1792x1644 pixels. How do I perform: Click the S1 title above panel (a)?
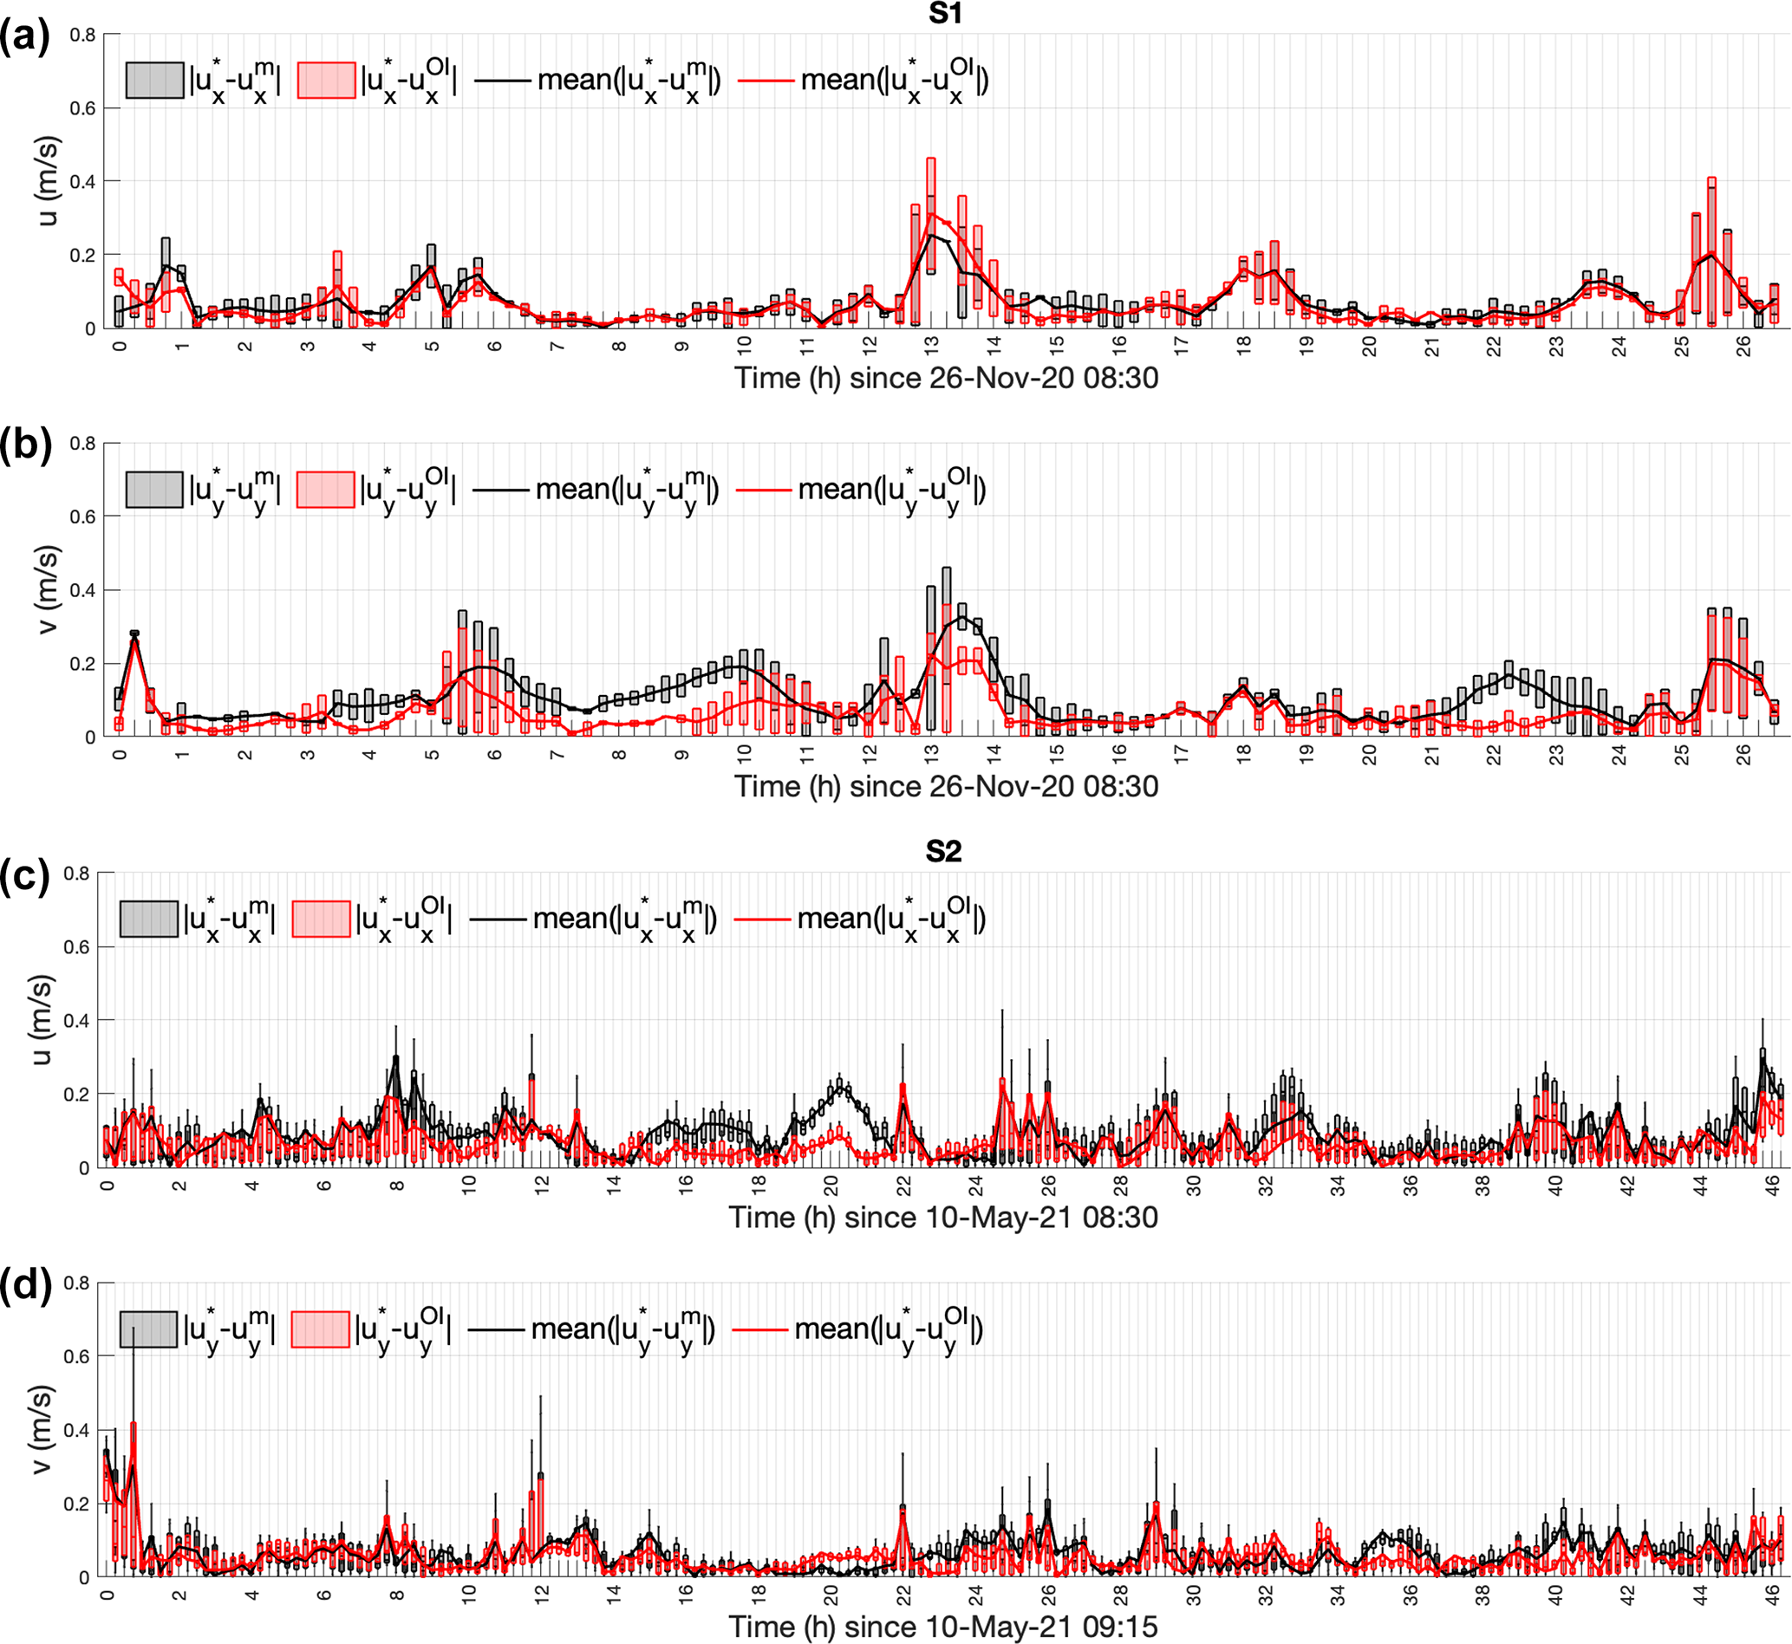[944, 13]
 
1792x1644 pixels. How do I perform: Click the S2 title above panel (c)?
[943, 851]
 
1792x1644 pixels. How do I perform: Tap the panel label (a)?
[25, 37]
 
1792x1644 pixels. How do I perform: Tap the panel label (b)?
[25, 445]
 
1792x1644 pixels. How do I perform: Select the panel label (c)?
[25, 876]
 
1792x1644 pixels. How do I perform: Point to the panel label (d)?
[25, 1285]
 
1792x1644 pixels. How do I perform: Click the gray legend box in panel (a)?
[155, 80]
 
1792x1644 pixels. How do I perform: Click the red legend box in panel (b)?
[326, 490]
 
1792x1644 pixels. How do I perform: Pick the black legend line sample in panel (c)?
[498, 919]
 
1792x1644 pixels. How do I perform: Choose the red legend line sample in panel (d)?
[759, 1329]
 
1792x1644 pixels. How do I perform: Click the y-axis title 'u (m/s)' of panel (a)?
[48, 180]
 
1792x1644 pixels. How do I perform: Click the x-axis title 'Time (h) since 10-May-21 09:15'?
[943, 1626]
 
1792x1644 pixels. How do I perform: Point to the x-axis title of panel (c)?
[943, 1217]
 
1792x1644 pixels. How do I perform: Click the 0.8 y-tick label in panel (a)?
[82, 35]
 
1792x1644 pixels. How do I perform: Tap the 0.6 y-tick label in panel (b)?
[82, 517]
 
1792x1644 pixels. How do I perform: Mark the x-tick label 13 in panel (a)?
[932, 346]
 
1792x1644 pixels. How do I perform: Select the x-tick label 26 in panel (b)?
[1744, 754]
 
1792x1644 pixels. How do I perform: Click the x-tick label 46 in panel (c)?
[1773, 1185]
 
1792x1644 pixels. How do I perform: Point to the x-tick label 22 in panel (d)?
[904, 1595]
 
